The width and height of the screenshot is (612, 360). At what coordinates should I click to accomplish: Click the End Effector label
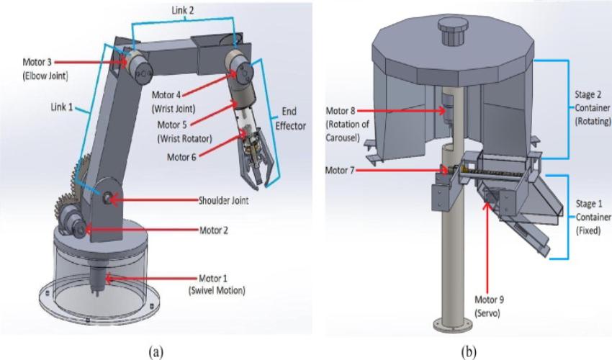click(x=286, y=119)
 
